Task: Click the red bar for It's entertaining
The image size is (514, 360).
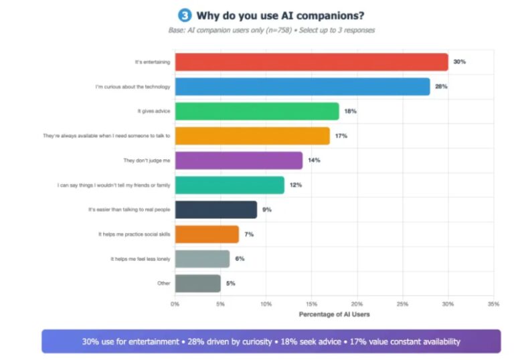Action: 311,62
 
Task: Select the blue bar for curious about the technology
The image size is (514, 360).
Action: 302,86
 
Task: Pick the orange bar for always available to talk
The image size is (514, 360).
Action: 252,136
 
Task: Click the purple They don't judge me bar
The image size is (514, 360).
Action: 238,161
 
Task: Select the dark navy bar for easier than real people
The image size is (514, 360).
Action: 216,209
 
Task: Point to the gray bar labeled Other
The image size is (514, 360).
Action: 197,283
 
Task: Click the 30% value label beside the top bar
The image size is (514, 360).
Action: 459,62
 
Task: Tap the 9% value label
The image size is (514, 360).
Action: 267,209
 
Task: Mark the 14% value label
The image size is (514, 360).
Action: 313,161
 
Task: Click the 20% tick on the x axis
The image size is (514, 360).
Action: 357,304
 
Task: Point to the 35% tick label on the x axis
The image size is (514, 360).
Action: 493,304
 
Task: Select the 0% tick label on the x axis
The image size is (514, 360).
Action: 175,304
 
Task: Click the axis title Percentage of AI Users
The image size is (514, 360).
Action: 333,314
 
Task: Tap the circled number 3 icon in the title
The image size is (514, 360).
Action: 183,15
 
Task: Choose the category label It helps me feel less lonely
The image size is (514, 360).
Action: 141,259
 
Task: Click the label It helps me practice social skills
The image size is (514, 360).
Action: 135,234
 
